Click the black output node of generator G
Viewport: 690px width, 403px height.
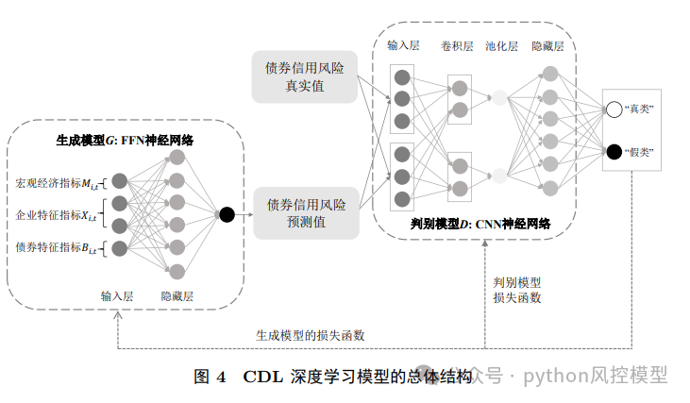227,214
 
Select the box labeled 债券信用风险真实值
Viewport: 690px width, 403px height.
305,76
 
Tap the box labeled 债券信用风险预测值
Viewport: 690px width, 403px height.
305,213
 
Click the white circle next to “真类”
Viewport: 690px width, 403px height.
614,109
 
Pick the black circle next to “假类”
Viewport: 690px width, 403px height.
614,151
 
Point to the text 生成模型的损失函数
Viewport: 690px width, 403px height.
311,335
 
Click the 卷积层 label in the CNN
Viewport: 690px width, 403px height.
458,45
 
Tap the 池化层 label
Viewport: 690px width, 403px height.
501,45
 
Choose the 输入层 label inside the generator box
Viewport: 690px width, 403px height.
118,295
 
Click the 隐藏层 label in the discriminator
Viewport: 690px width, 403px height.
547,45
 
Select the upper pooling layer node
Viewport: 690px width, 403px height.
499,96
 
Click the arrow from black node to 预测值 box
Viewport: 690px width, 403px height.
244,214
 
